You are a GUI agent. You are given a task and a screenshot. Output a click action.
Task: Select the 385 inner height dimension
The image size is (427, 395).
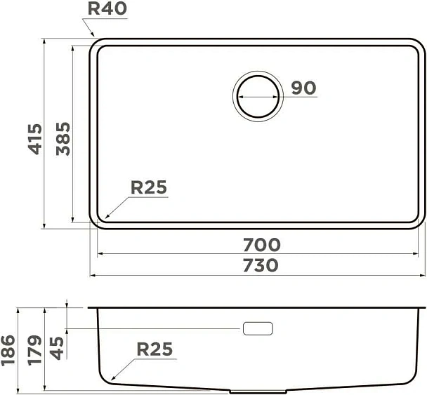(63, 138)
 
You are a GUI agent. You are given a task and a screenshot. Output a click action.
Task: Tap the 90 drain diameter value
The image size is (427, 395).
(303, 88)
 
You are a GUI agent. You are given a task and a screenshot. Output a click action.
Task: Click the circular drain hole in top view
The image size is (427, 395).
(257, 95)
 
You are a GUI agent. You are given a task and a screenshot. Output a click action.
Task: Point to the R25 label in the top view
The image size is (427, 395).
(148, 187)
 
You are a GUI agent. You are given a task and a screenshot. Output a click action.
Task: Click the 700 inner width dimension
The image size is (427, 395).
(261, 245)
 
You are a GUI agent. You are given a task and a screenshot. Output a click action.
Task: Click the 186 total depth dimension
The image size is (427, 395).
(8, 348)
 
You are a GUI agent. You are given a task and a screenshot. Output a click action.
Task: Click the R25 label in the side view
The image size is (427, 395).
(154, 349)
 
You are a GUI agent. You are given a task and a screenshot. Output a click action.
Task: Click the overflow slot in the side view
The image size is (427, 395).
(257, 328)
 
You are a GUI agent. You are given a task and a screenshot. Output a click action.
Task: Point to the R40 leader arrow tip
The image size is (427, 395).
(94, 37)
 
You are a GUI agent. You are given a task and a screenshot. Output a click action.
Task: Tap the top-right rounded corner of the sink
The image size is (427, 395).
(419, 45)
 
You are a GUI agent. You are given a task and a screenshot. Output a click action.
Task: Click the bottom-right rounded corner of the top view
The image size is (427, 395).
(419, 222)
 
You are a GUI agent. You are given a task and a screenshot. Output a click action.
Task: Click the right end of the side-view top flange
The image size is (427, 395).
(423, 307)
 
